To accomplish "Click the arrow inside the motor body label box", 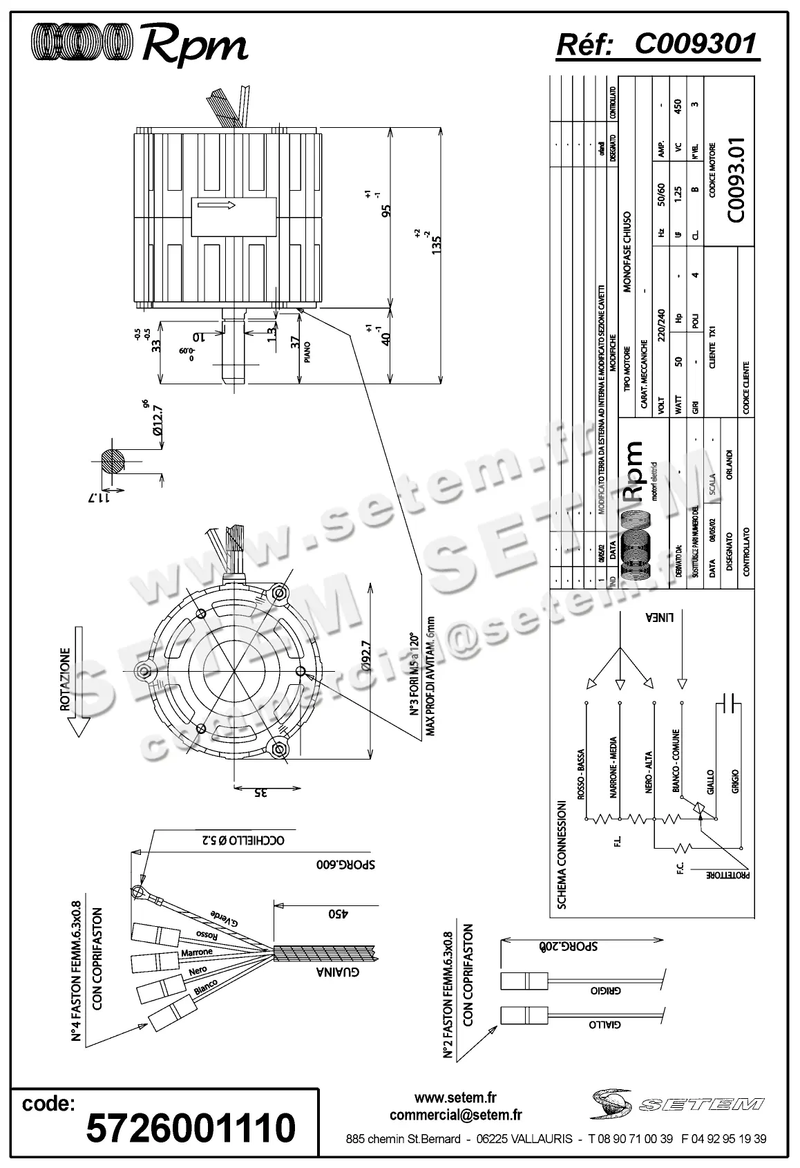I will (216, 205).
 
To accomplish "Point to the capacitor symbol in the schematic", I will (728, 704).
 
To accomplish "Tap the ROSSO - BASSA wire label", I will (582, 775).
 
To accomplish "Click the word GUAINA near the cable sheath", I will (337, 972).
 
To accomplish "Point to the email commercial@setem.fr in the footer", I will (455, 1115).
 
